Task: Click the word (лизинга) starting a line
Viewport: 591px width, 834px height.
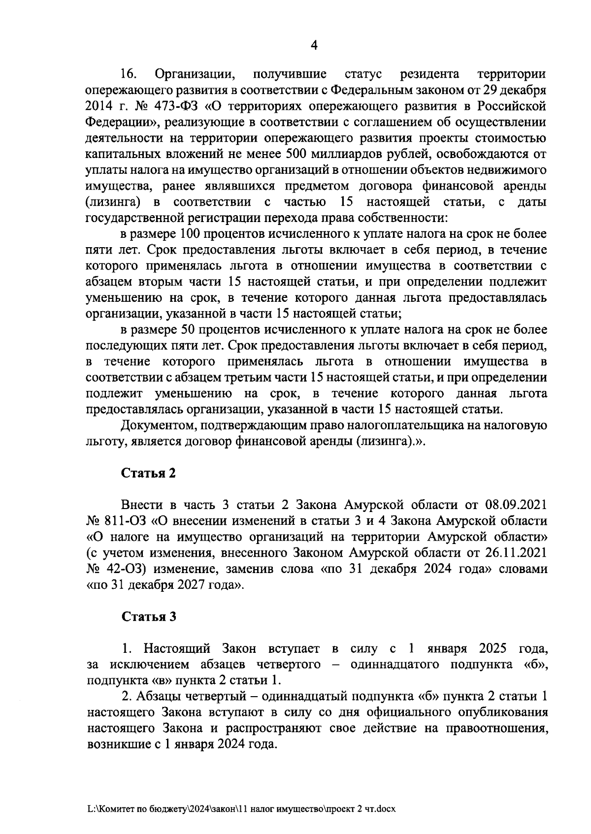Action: (x=114, y=202)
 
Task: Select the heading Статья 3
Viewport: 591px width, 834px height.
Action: (x=149, y=617)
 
